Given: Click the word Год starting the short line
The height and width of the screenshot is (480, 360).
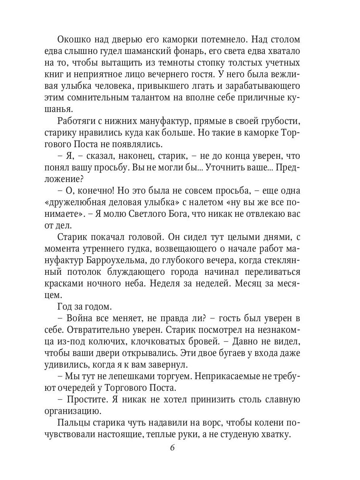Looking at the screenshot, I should point(65,306).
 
